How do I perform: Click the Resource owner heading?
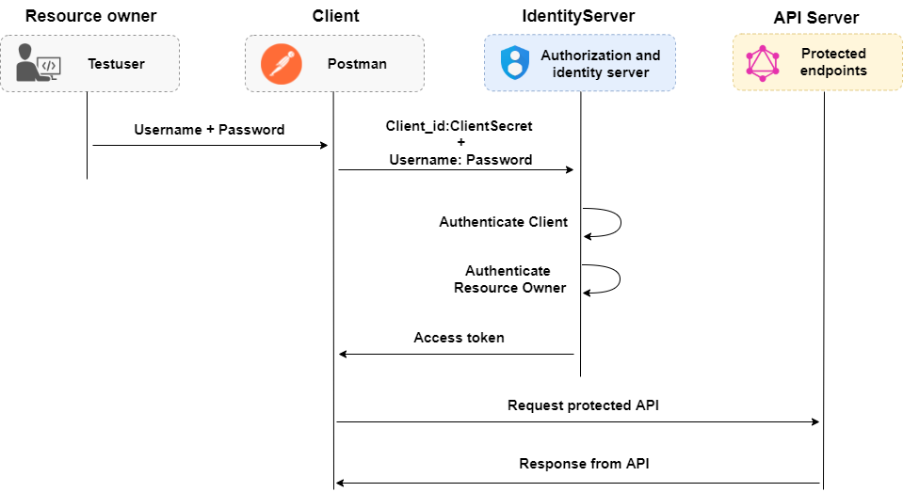pos(90,16)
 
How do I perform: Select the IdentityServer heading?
pos(578,17)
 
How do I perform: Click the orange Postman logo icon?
pos(279,63)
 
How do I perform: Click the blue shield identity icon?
pos(514,63)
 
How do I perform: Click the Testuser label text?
pos(116,64)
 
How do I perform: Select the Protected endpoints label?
pos(833,62)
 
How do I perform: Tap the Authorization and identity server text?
pos(600,64)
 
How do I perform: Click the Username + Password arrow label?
pos(209,130)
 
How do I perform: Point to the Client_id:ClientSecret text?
pos(459,125)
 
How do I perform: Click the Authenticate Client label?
pos(503,222)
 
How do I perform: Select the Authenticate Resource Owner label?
pos(509,279)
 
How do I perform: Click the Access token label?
pos(459,337)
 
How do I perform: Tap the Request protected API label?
pos(583,405)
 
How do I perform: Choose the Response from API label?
pos(583,464)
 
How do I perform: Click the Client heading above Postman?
pos(335,16)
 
